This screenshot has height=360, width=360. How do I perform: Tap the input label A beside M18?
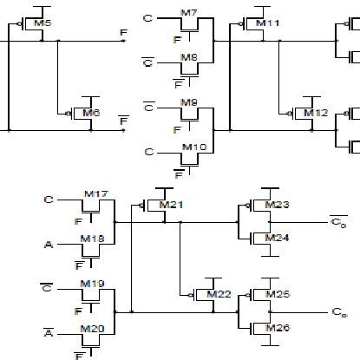click(x=49, y=245)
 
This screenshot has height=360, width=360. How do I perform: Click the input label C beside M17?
click(x=49, y=200)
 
